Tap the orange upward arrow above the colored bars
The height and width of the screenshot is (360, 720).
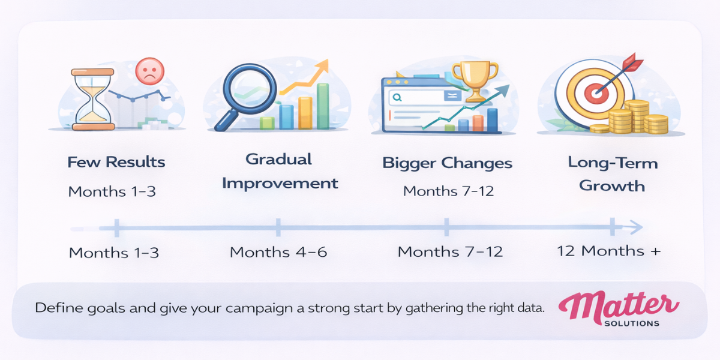coord(306,78)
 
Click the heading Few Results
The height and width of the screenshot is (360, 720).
coord(116,162)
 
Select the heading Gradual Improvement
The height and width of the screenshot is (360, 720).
coord(279,171)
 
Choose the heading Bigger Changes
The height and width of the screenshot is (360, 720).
coord(447,163)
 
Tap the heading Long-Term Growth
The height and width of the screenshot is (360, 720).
coord(604,174)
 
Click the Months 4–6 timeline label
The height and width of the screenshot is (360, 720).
coord(278,252)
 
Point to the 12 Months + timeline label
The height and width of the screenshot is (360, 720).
coord(608,251)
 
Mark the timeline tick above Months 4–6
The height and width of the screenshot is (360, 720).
coord(278,227)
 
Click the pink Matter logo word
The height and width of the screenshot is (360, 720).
coord(619,305)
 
